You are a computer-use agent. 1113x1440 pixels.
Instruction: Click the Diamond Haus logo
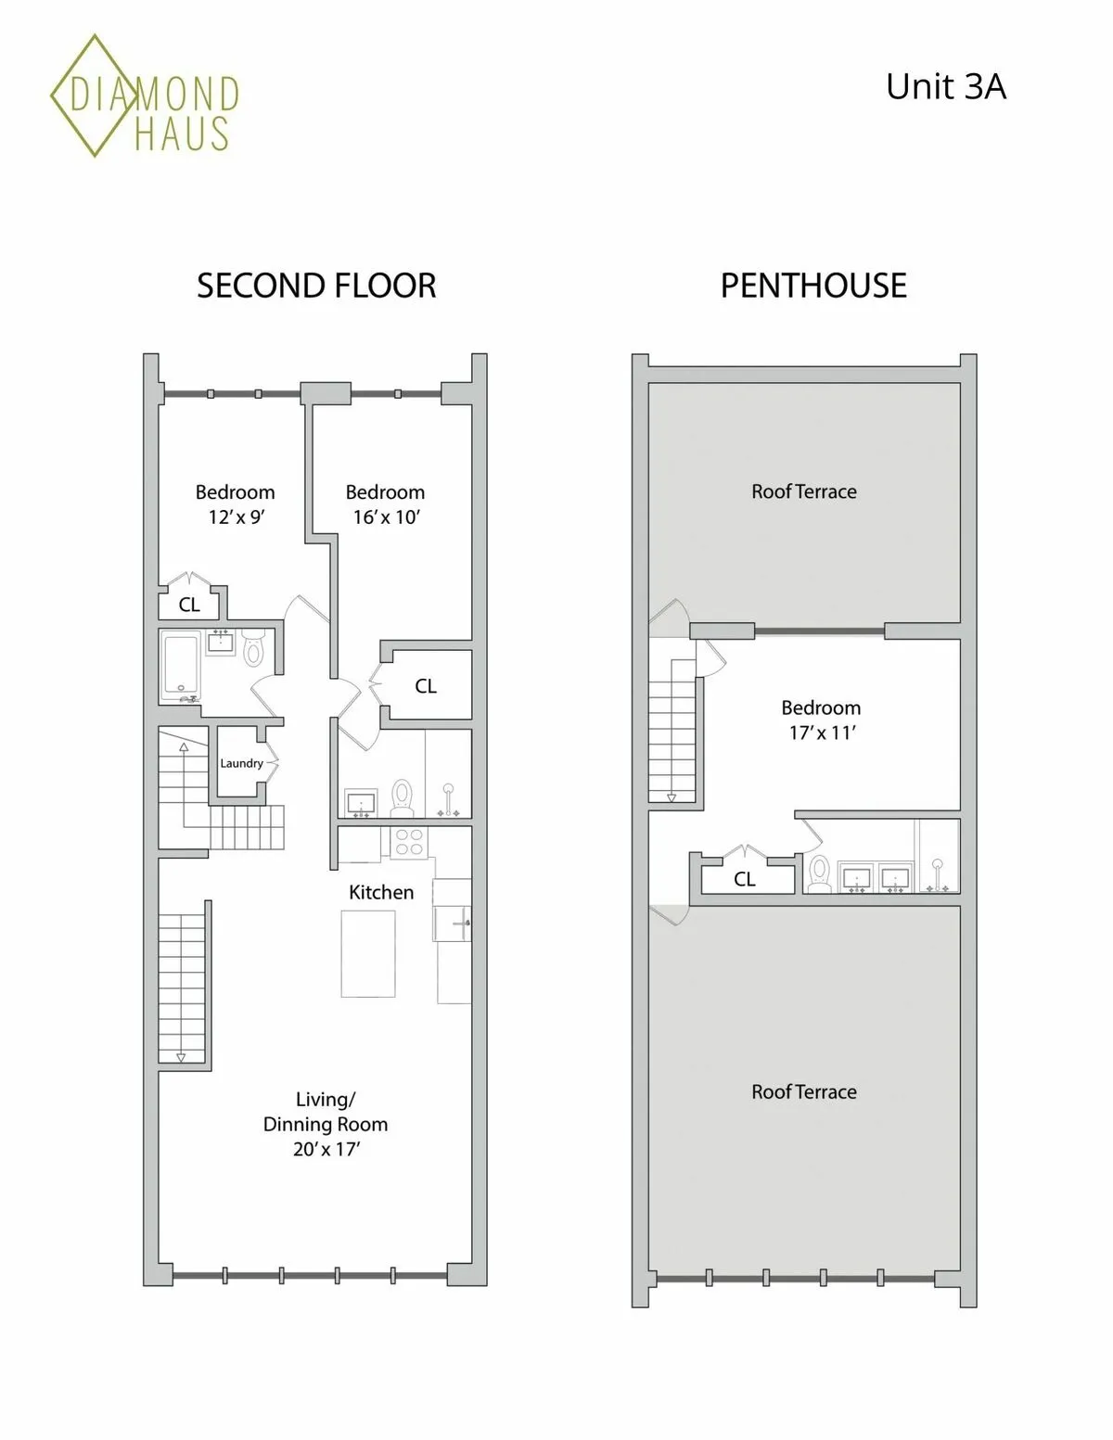tap(144, 96)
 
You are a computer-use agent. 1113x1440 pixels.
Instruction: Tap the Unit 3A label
tap(945, 87)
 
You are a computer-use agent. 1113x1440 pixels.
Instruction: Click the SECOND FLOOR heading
tap(316, 286)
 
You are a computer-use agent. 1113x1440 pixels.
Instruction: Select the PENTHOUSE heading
tap(813, 286)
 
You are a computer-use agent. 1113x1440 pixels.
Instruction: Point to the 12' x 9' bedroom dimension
tap(236, 517)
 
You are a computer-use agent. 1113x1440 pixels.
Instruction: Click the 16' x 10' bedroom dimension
tap(386, 517)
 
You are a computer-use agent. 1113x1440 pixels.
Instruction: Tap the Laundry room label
tap(241, 763)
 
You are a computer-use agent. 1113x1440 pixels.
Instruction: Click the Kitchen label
tap(381, 892)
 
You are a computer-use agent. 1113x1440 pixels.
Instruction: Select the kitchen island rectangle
tap(368, 953)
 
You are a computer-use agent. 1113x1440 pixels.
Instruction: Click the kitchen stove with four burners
tap(408, 842)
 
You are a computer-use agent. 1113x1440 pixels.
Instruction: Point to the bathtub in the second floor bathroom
tap(180, 666)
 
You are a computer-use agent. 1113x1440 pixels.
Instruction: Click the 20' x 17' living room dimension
tap(326, 1149)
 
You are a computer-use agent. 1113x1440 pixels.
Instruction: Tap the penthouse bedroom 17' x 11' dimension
tap(822, 733)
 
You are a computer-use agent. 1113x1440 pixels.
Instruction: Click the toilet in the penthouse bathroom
tap(819, 873)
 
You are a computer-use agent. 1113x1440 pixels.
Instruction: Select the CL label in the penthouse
tap(745, 879)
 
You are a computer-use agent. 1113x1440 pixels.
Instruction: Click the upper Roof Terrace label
tap(804, 491)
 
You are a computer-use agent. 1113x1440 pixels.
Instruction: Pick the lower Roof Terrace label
tap(804, 1091)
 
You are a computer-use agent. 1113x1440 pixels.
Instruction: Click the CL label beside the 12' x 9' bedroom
tap(189, 605)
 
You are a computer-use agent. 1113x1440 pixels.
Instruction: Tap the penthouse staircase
tap(672, 728)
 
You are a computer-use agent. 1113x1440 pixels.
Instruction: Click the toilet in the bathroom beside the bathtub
tap(253, 648)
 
